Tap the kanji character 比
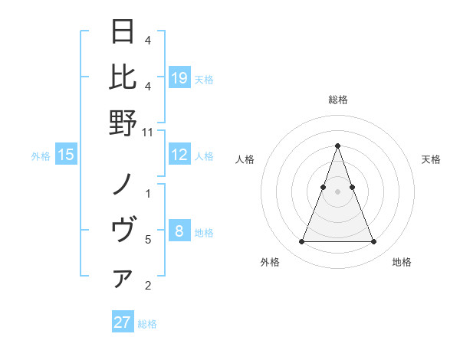[123, 77]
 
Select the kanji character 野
[123, 122]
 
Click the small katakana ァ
[123, 280]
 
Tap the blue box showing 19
[179, 77]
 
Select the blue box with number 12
[179, 155]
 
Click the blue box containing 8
[179, 231]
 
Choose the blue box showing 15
[66, 155]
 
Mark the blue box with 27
[123, 322]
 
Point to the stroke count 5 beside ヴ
[148, 240]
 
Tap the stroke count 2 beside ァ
[148, 286]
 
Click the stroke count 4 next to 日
[148, 40]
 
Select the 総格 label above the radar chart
[337, 100]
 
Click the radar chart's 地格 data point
[373, 242]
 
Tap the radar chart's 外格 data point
[301, 242]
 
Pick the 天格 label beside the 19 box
[204, 79]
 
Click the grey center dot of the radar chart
[337, 191]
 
